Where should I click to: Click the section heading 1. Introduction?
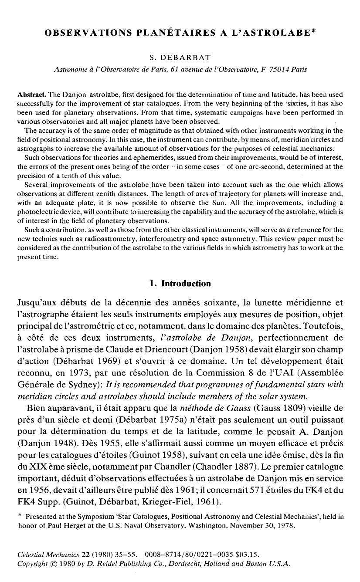coord(180,284)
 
